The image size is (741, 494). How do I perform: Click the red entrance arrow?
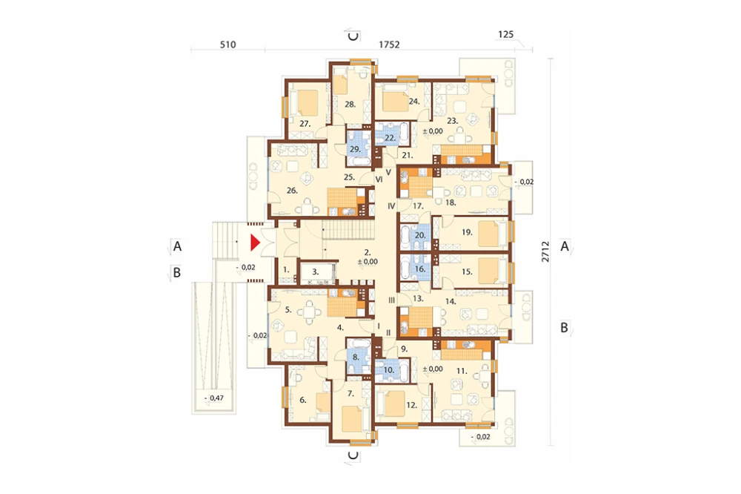pos(255,243)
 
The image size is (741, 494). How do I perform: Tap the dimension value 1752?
pos(390,45)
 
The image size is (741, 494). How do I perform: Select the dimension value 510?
pos(227,45)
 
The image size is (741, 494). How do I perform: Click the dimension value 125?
pos(505,35)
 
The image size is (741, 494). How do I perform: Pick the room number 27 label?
pos(305,124)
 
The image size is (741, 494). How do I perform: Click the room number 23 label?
pos(453,121)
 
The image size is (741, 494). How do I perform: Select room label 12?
pos(411,405)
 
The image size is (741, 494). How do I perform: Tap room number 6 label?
pos(303,400)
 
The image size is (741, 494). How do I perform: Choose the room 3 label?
pos(315,272)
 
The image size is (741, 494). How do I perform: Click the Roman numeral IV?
pos(391,206)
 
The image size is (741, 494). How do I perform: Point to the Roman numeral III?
pos(391,300)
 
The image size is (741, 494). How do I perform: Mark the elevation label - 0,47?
pos(215,398)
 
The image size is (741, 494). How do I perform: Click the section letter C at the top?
pos(353,36)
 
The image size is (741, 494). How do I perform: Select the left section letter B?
pos(177,272)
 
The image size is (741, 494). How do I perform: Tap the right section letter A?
pos(564,246)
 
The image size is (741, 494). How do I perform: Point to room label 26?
pos(292,191)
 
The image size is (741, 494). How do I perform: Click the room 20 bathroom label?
pos(420,235)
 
